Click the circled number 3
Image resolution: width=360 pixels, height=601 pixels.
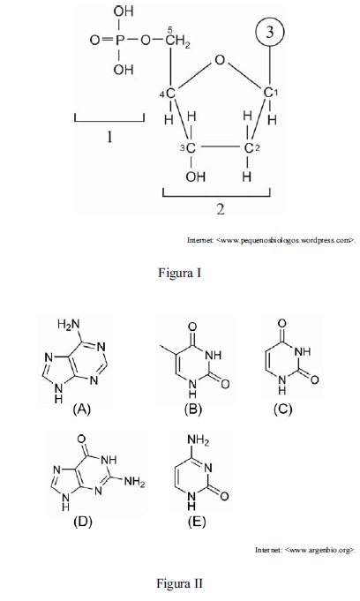pyautogui.click(x=270, y=32)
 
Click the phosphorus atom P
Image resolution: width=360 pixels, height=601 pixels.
pyautogui.click(x=118, y=41)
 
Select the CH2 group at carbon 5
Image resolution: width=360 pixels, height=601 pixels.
pyautogui.click(x=178, y=40)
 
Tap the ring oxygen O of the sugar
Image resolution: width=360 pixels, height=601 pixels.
pyautogui.click(x=220, y=60)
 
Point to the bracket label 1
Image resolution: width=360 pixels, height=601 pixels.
pyautogui.click(x=109, y=137)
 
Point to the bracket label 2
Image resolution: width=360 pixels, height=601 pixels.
pyautogui.click(x=220, y=209)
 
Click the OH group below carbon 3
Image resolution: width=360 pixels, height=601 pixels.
pyautogui.click(x=196, y=177)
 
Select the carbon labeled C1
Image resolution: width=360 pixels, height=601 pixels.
pyautogui.click(x=271, y=93)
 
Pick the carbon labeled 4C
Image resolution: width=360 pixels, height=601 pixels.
pyautogui.click(x=169, y=94)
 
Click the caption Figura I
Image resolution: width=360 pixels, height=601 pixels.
pyautogui.click(x=179, y=273)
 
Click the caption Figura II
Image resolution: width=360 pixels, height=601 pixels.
pyautogui.click(x=179, y=583)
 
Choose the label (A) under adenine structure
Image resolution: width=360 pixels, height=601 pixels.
pyautogui.click(x=82, y=409)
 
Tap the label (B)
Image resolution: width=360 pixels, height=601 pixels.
pyautogui.click(x=192, y=409)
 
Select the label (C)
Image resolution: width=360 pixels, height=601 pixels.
pyautogui.click(x=283, y=409)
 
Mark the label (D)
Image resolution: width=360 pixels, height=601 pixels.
pyautogui.click(x=82, y=522)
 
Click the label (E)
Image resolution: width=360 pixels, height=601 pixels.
pyautogui.click(x=197, y=522)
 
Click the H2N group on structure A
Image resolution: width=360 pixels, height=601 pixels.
pyautogui.click(x=68, y=325)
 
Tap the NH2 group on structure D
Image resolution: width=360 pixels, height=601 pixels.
pyautogui.click(x=134, y=481)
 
